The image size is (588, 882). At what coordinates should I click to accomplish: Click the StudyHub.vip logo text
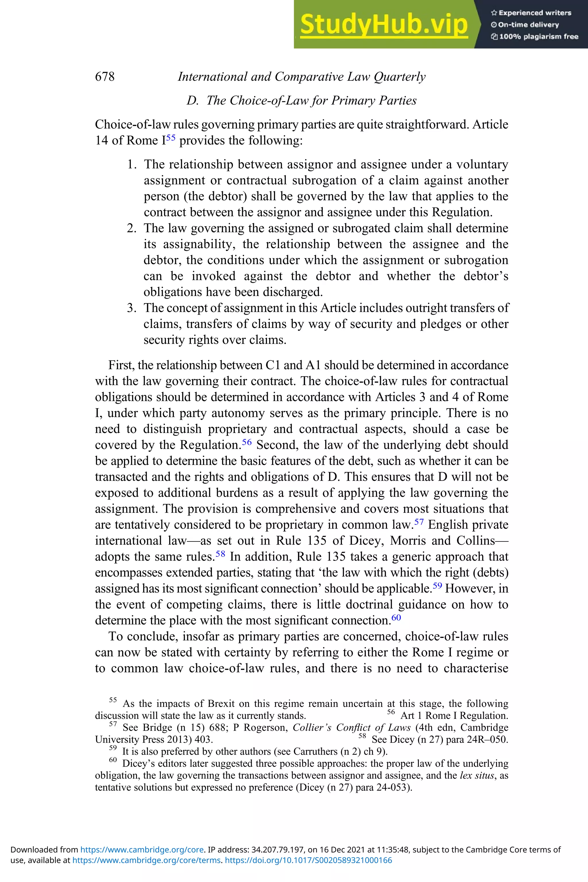[384, 24]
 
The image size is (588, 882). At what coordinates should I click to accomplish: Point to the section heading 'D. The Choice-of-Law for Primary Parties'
[301, 100]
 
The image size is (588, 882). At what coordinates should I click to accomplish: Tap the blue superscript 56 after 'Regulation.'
[247, 442]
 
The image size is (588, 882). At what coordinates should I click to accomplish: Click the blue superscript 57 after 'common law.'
[419, 522]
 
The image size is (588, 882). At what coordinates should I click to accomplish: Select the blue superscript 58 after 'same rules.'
[220, 554]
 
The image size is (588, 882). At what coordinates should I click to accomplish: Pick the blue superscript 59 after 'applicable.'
[437, 585]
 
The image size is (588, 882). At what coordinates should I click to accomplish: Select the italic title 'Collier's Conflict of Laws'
[351, 728]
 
